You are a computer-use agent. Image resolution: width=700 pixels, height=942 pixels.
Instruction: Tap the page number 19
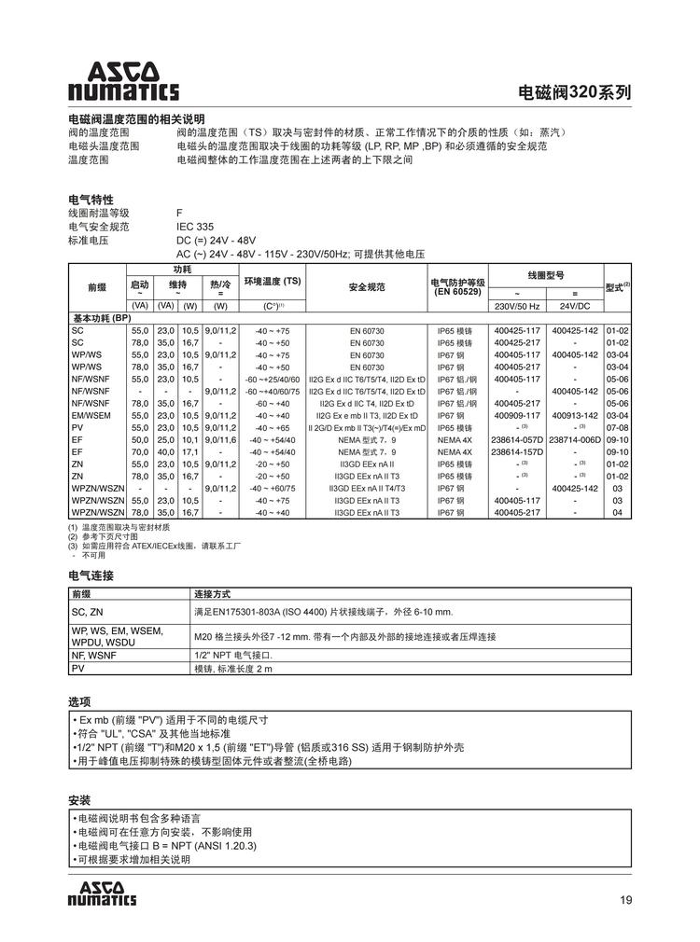pyautogui.click(x=625, y=899)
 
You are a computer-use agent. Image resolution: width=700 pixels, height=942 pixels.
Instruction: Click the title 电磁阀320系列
pyautogui.click(x=574, y=92)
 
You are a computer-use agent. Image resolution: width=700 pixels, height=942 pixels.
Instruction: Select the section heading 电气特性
pyautogui.click(x=91, y=200)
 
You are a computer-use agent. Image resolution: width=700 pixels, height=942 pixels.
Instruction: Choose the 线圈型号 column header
pyautogui.click(x=545, y=275)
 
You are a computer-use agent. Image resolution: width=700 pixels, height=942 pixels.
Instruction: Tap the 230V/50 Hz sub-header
pyautogui.click(x=516, y=306)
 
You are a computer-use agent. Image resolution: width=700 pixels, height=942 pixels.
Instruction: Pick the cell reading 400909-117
pyautogui.click(x=516, y=415)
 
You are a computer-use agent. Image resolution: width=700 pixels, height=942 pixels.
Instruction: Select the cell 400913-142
pyautogui.click(x=575, y=415)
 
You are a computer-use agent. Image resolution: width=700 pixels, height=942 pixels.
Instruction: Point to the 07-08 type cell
pyautogui.click(x=618, y=427)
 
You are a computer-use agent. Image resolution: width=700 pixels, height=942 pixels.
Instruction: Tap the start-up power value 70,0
pyautogui.click(x=140, y=451)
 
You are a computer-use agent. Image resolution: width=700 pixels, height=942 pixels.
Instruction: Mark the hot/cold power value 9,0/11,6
pyautogui.click(x=220, y=439)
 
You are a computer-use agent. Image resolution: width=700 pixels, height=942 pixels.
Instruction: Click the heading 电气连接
pyautogui.click(x=91, y=575)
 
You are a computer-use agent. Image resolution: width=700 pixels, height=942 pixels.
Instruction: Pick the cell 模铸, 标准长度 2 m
pyautogui.click(x=232, y=669)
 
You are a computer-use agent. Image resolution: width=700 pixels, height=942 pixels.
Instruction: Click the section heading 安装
pyautogui.click(x=79, y=799)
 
